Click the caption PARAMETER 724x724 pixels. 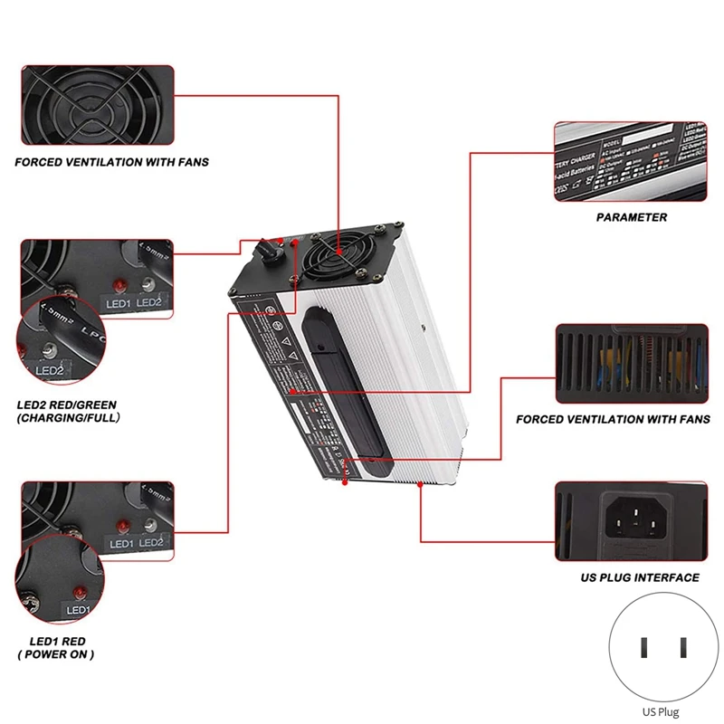point(632,217)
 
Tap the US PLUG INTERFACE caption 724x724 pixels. point(639,577)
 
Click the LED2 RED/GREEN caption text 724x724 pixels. point(66,411)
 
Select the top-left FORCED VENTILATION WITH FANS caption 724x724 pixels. point(111,162)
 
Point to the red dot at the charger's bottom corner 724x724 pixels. point(345,483)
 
